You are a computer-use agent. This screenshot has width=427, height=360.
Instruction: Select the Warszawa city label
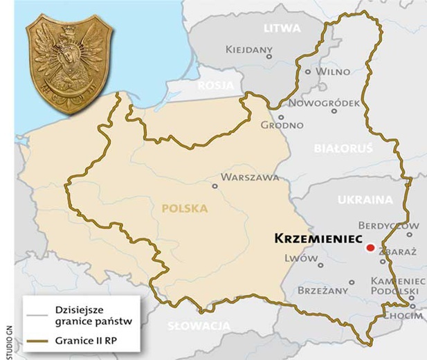point(250,177)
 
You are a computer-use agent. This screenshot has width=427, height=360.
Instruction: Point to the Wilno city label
point(333,71)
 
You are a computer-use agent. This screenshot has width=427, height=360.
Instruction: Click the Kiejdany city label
point(248,50)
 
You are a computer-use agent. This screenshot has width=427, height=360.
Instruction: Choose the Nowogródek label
point(325,103)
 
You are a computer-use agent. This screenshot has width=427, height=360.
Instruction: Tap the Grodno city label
point(282,125)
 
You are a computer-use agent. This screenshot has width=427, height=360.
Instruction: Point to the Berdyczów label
point(389,226)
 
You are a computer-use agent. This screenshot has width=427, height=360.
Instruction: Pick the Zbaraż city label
point(397,253)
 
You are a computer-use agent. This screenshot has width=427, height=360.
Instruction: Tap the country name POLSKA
point(185,207)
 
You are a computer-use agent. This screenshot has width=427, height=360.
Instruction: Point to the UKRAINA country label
point(365,199)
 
